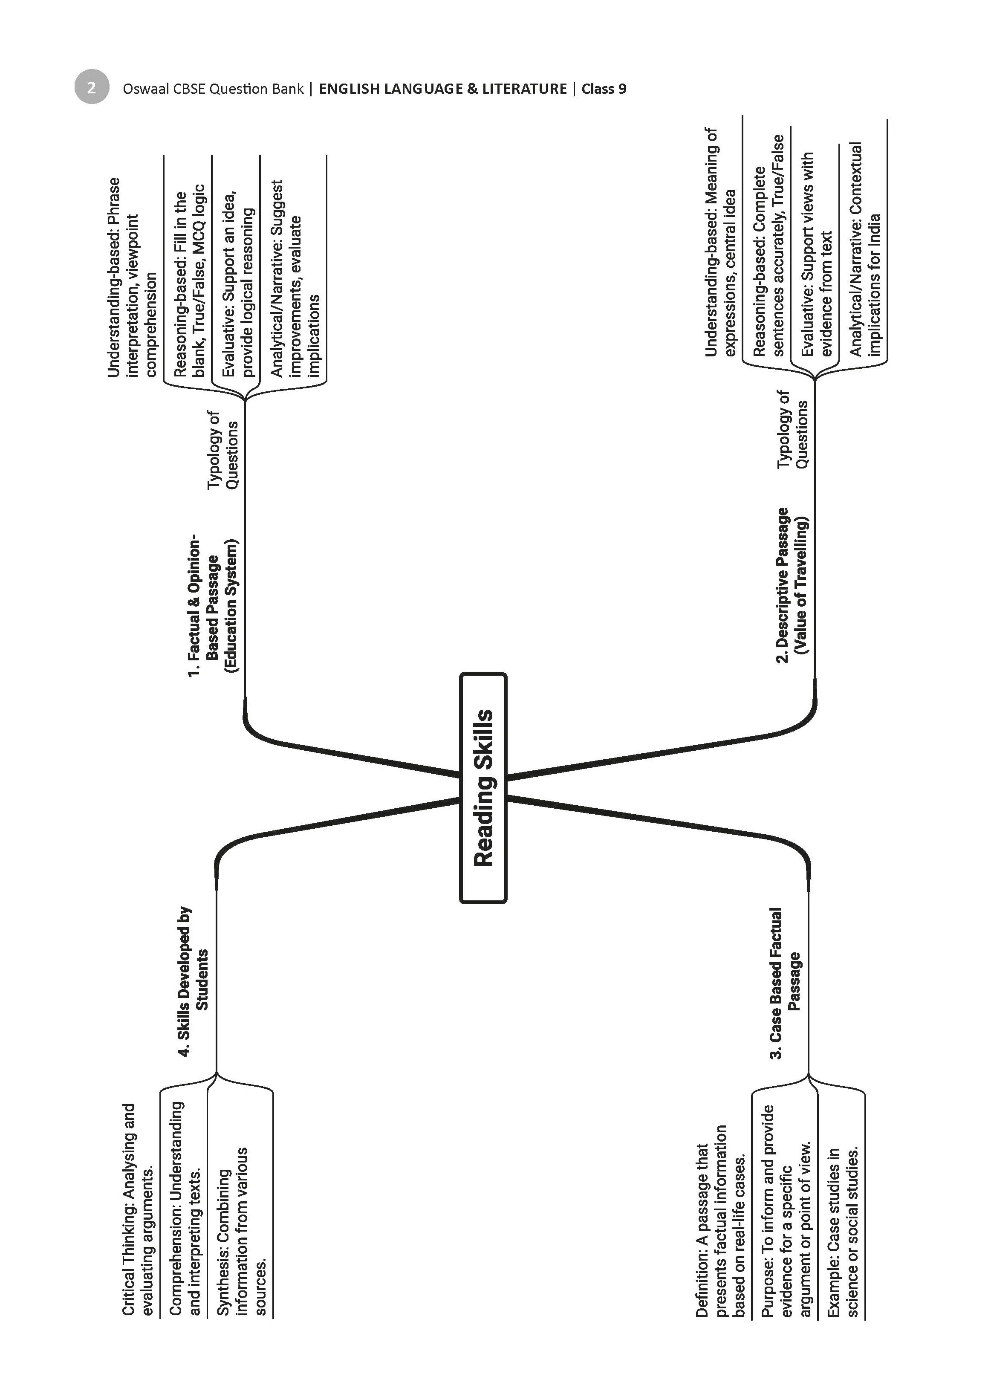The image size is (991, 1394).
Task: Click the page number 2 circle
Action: point(92,87)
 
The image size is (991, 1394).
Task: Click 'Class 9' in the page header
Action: point(604,89)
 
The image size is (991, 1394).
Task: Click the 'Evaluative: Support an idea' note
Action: point(237,284)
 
